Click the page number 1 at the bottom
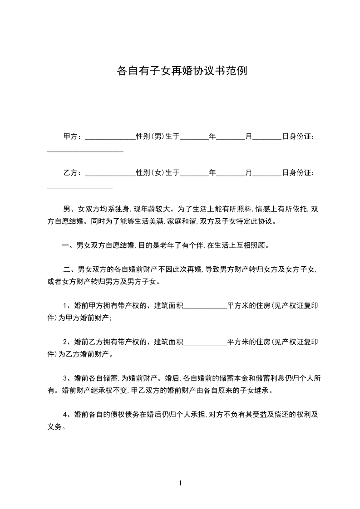pyautogui.click(x=180, y=483)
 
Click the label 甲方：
pyautogui.click(x=73, y=136)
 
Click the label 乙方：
pyautogui.click(x=73, y=172)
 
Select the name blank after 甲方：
pyautogui.click(x=110, y=137)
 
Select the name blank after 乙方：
pyautogui.click(x=110, y=174)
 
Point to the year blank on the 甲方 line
pyautogui.click(x=194, y=137)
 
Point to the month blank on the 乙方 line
pyautogui.click(x=231, y=174)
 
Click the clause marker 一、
pyautogui.click(x=69, y=246)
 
